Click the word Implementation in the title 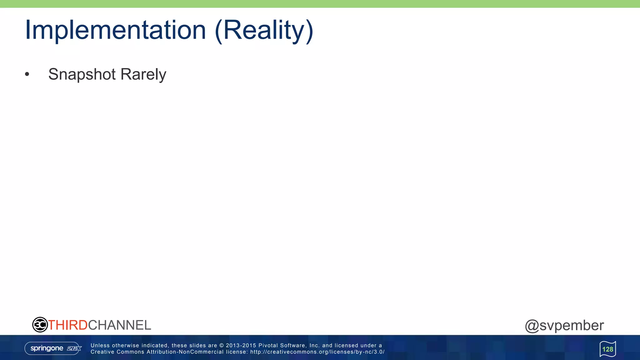point(115,30)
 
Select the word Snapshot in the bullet point(82,74)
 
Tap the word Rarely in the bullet point(143,74)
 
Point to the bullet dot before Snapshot point(27,74)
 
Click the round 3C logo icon point(40,325)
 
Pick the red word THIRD point(68,325)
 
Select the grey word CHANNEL point(120,325)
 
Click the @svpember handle point(564,325)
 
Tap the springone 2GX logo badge point(53,348)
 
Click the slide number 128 point(607,349)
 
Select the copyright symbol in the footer point(222,346)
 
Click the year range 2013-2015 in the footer point(241,346)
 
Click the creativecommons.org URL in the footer point(317,352)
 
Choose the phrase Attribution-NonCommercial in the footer point(185,352)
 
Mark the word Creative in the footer point(102,352)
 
